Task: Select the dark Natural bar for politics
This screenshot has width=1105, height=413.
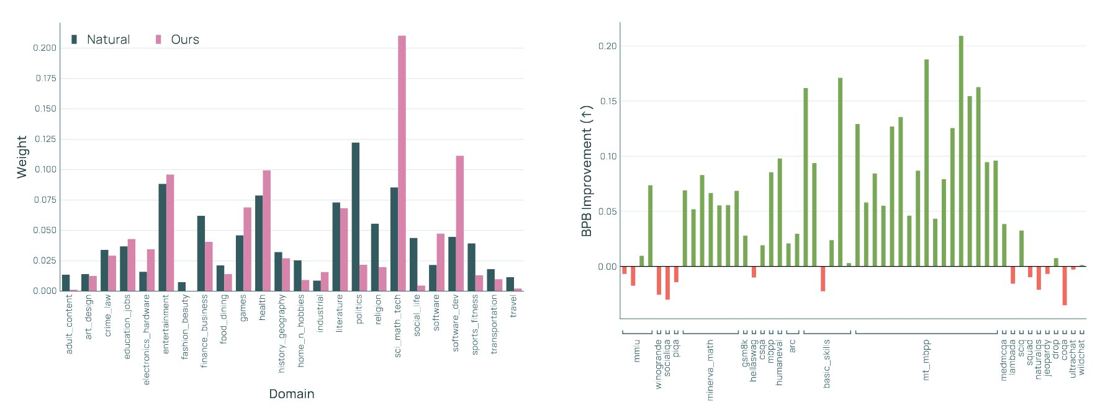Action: click(356, 216)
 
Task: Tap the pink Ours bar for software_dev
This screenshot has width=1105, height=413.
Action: click(460, 223)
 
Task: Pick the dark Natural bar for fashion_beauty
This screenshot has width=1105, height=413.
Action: click(182, 286)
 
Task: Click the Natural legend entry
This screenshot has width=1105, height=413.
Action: click(101, 40)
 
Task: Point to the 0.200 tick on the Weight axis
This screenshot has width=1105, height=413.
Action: click(45, 48)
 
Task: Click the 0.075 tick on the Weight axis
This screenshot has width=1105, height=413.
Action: click(45, 200)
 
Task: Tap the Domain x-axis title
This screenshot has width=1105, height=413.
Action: click(291, 394)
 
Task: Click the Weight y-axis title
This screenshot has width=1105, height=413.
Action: click(22, 157)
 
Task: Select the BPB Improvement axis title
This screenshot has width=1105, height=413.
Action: click(587, 171)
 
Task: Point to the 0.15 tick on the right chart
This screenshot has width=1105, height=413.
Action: click(608, 101)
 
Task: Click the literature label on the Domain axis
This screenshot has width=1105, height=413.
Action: click(339, 313)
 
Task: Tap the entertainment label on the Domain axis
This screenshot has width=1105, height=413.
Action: click(166, 324)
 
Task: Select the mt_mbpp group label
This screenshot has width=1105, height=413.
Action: click(926, 360)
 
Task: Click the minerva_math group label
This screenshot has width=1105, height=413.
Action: click(710, 369)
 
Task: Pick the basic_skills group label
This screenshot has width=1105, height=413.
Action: click(826, 363)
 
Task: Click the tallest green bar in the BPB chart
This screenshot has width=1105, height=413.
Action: click(961, 151)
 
